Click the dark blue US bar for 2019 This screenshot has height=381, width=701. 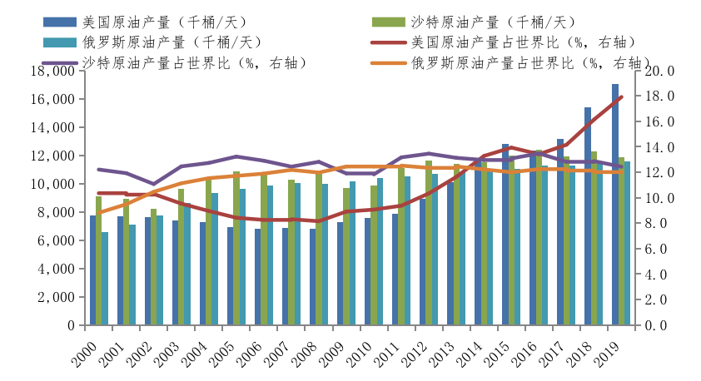tap(615, 205)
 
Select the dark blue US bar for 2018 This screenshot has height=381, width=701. tap(588, 216)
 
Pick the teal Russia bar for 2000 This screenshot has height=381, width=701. tap(105, 279)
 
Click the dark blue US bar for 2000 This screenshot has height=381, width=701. tap(93, 270)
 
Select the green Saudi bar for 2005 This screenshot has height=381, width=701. tap(236, 248)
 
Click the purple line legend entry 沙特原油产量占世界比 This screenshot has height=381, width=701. tap(196, 62)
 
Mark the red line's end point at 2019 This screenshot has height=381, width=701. tap(621, 97)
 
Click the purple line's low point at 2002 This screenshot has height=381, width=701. tap(153, 184)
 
